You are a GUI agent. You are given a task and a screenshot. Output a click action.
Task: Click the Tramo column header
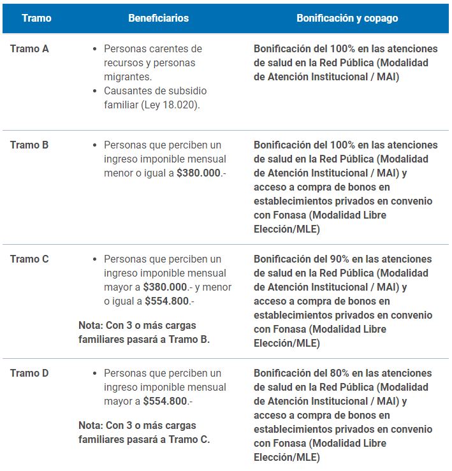coord(36,18)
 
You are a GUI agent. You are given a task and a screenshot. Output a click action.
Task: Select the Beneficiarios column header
coord(158,18)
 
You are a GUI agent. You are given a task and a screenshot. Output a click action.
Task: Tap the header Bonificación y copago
coord(347,18)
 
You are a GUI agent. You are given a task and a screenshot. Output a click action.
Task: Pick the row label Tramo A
coord(29,48)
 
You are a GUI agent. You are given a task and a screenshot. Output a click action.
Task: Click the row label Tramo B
coord(29,145)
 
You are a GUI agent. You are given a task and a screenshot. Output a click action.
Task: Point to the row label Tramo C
coord(29,259)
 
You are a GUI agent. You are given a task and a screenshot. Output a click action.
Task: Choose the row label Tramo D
coord(29,373)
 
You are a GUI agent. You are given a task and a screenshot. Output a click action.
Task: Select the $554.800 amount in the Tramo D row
coord(164,401)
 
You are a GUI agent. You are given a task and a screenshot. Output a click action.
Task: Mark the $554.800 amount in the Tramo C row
coord(166,301)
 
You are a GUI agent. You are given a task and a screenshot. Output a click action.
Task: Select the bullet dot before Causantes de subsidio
coord(95,91)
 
